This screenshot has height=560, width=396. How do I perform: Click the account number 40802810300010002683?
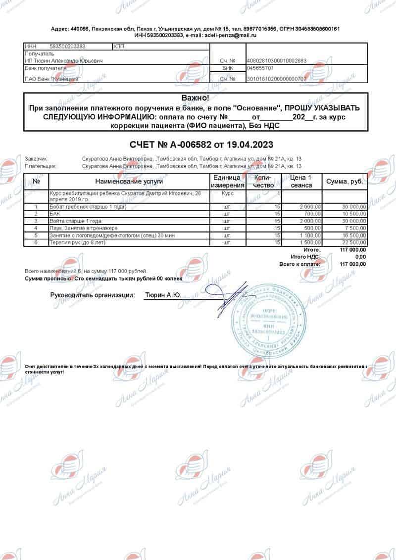277,61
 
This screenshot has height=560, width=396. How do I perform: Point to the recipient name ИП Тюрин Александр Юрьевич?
64,61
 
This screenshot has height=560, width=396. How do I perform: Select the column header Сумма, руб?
345,182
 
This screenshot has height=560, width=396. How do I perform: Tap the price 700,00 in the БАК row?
312,214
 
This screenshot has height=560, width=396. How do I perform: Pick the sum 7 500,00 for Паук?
356,228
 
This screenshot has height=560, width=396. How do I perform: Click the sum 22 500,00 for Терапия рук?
354,243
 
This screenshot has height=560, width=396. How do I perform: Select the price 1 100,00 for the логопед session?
310,235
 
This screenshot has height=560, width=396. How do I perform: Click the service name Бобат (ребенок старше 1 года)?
88,206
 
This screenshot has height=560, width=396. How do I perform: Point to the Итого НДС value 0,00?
360,257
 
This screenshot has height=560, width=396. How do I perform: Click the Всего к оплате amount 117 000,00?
353,264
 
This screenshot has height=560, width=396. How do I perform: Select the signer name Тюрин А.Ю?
162,295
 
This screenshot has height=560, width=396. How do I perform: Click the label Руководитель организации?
93,295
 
